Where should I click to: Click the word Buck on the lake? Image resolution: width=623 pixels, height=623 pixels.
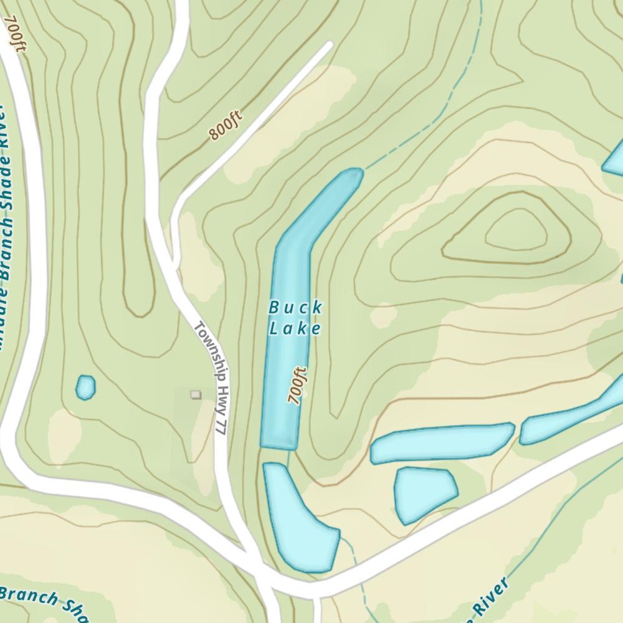tap(295, 308)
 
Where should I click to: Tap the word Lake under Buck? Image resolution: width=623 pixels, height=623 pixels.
tap(295, 328)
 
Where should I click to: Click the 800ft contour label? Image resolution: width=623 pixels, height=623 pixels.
tap(224, 126)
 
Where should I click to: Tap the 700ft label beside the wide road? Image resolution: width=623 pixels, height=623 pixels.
tap(16, 34)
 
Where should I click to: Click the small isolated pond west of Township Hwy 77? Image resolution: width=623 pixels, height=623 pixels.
tap(85, 388)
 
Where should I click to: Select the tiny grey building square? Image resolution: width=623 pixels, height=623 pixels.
tap(196, 394)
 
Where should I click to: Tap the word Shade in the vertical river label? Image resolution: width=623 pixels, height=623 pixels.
tap(9, 168)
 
